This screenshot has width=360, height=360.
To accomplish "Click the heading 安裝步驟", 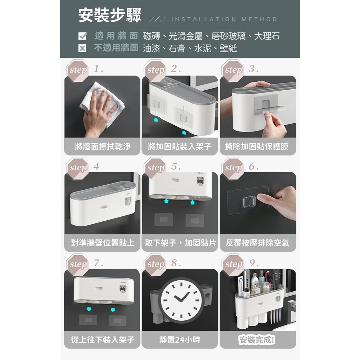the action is (110, 15).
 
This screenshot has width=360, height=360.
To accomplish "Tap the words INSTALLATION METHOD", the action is (224, 19).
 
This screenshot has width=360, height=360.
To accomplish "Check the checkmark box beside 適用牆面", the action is (82, 36).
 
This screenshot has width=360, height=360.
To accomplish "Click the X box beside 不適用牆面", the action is (82, 48).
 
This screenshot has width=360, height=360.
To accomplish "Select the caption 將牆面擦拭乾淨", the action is (103, 147).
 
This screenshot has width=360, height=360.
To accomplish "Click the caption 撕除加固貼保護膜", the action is (257, 147).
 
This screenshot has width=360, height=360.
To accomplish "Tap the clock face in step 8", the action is (181, 300).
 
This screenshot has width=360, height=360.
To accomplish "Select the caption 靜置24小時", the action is (180, 340).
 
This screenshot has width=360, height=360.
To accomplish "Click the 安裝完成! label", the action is (257, 340).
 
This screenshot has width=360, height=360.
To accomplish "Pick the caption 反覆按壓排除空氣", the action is (258, 243).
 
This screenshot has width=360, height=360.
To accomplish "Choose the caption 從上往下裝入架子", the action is (103, 340).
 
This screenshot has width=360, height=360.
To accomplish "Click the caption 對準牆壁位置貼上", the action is (103, 243).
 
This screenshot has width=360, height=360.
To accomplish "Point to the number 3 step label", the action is (253, 69).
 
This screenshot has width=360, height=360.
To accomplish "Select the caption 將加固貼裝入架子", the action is (180, 147).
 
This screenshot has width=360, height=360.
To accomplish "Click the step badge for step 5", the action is (155, 168).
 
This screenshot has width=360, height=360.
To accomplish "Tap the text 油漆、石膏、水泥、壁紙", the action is (190, 49).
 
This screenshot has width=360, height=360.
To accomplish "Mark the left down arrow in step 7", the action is (89, 309).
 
